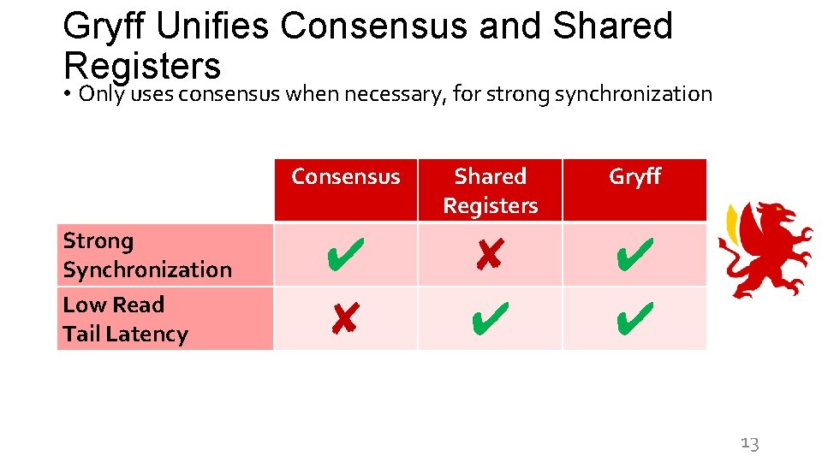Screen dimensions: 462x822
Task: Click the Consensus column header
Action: (345, 177)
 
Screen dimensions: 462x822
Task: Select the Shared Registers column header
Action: (490, 191)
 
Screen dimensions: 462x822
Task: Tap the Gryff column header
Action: (634, 177)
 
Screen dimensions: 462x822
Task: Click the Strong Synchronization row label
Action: (147, 255)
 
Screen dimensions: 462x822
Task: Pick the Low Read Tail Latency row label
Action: (125, 319)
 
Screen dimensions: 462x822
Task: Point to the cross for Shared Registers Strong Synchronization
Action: (488, 254)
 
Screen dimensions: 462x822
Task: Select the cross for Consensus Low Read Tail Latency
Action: (343, 319)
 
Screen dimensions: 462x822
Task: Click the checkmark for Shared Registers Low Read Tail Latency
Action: (489, 318)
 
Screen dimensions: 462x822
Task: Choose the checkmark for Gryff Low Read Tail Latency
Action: (634, 318)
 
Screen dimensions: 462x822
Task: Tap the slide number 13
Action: (749, 443)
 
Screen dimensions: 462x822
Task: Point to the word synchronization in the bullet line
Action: (634, 93)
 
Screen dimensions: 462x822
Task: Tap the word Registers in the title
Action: (142, 65)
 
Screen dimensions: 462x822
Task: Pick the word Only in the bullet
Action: (101, 93)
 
